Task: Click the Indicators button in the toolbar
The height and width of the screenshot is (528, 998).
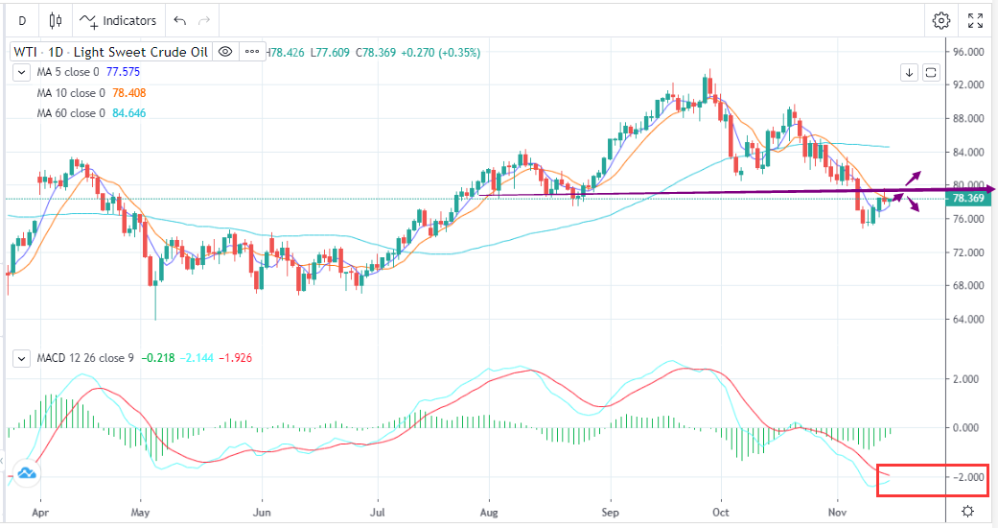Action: (x=119, y=20)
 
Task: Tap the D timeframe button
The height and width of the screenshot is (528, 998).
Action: (x=21, y=20)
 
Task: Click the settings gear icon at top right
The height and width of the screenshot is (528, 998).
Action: (x=941, y=20)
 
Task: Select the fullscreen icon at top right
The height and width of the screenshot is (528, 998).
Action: (x=975, y=20)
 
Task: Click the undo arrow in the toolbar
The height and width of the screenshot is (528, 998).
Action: (x=179, y=20)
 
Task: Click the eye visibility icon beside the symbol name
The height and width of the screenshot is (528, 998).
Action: (x=224, y=52)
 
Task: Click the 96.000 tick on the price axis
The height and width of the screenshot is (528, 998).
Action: (x=970, y=52)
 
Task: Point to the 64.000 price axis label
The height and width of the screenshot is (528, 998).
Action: (x=970, y=319)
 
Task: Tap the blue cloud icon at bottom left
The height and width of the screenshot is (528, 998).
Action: (x=26, y=471)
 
